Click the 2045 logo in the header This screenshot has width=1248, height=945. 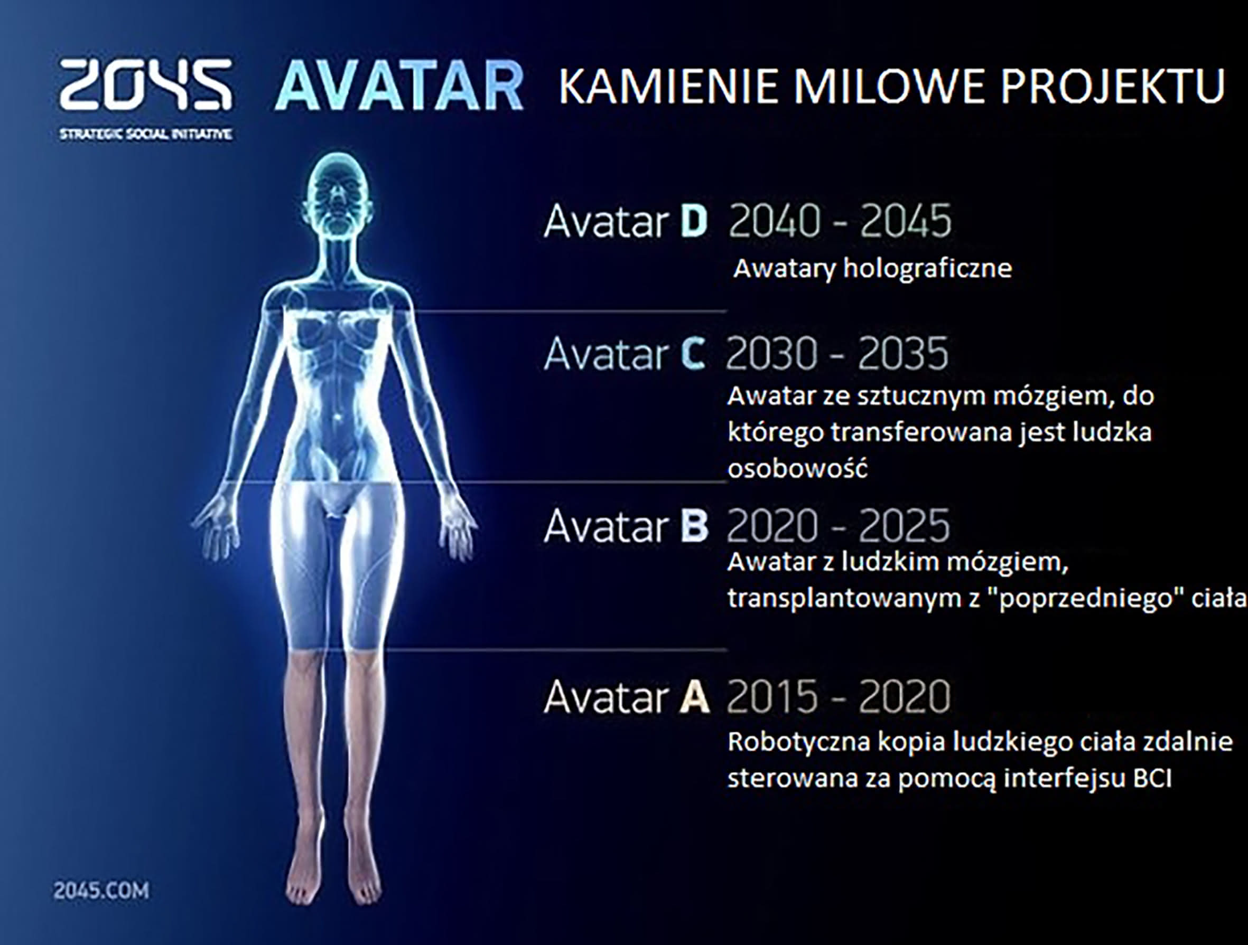[145, 84]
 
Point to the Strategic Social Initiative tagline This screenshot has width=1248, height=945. [145, 134]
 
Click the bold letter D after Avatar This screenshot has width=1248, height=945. [693, 222]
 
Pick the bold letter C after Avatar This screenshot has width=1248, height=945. [692, 354]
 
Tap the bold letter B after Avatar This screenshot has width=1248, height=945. [694, 525]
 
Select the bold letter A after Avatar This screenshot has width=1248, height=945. [694, 697]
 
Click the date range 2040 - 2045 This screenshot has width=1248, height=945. [840, 221]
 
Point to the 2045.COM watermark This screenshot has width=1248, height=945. [101, 891]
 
